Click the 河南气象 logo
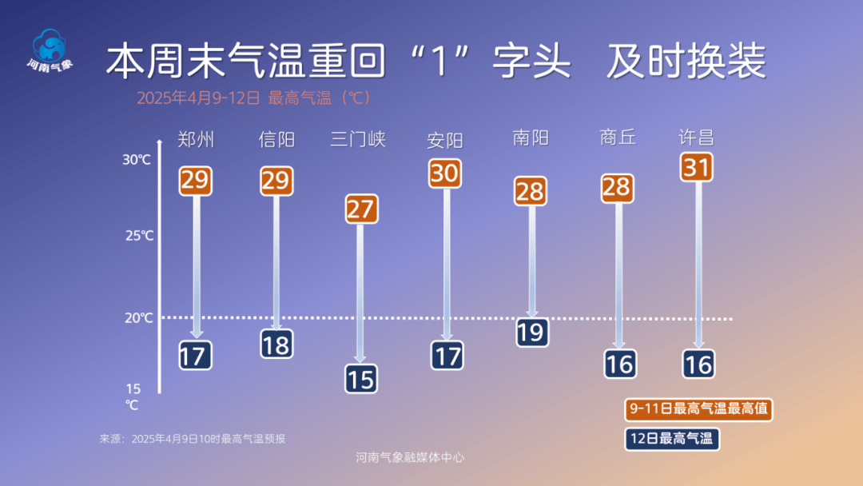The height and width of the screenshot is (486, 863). click(50, 50)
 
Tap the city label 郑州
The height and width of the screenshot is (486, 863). click(196, 141)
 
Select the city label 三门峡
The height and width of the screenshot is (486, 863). click(358, 140)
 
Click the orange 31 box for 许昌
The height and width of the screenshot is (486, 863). click(697, 168)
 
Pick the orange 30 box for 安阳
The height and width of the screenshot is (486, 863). click(446, 173)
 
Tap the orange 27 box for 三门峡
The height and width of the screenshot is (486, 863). click(361, 209)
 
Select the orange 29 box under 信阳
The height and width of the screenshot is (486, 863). click(276, 181)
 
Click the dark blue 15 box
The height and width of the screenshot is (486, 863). click(361, 379)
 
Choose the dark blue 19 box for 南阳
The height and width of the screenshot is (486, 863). click(531, 332)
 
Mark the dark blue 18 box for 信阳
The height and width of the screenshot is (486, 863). click(276, 345)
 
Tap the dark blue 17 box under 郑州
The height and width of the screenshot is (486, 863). click(195, 356)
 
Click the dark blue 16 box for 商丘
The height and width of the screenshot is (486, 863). click(619, 364)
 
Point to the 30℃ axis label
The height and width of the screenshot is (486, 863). click(137, 160)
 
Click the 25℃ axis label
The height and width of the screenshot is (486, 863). click(138, 236)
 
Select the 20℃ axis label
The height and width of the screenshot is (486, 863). click(138, 318)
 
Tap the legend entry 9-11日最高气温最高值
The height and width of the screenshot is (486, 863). click(698, 408)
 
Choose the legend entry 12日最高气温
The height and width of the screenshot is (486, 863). click(671, 438)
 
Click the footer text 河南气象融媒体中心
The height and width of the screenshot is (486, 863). click(410, 458)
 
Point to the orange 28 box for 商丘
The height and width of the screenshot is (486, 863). click(617, 188)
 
